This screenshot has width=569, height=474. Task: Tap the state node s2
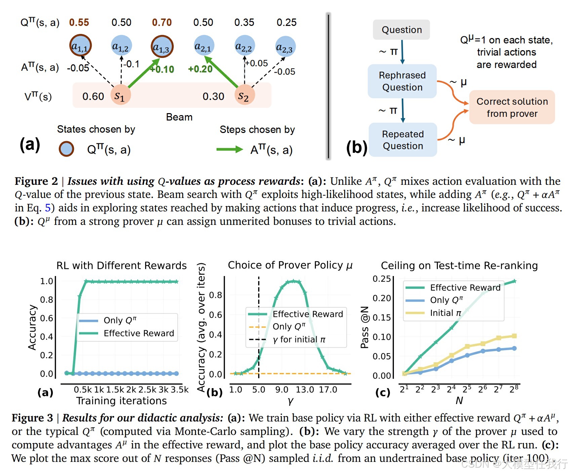(x=244, y=96)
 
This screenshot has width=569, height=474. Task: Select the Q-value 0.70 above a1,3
(x=162, y=23)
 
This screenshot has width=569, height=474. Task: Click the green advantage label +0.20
(x=200, y=69)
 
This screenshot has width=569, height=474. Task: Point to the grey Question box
(x=401, y=30)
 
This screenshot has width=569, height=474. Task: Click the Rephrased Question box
(x=402, y=81)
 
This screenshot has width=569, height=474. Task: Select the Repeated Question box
(x=403, y=140)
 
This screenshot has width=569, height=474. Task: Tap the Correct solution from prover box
(x=512, y=107)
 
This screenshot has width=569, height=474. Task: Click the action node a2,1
(x=203, y=46)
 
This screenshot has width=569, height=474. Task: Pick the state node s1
(x=120, y=96)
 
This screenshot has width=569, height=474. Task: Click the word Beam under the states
(x=179, y=117)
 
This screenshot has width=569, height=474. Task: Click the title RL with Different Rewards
(x=121, y=266)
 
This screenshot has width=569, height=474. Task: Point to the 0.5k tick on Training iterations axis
(x=83, y=390)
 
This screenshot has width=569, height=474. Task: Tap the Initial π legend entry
(x=445, y=313)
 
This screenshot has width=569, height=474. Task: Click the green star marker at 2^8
(x=514, y=281)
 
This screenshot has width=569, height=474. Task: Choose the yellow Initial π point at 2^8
(x=514, y=336)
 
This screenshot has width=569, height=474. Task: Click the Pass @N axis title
(x=364, y=327)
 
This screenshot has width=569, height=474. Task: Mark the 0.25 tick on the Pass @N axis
(x=381, y=279)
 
